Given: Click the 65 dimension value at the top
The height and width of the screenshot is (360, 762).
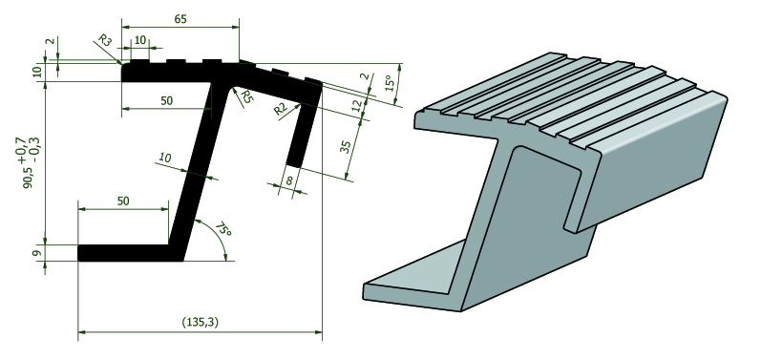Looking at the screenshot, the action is click(x=180, y=19).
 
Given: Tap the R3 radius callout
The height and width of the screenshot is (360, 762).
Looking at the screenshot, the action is click(x=105, y=40).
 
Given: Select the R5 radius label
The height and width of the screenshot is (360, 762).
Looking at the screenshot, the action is click(x=247, y=96).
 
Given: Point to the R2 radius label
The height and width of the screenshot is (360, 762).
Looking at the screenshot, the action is click(x=281, y=109).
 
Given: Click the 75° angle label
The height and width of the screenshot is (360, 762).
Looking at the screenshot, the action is click(x=223, y=229).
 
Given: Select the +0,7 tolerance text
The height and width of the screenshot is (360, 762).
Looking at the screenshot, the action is click(x=22, y=154).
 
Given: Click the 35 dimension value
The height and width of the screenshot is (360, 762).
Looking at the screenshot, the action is click(x=345, y=146).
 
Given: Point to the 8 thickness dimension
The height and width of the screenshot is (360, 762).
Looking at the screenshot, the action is click(x=288, y=181).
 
